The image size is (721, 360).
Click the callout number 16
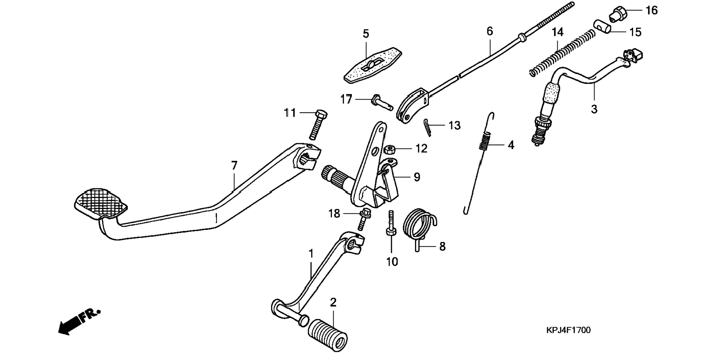pos(652,10)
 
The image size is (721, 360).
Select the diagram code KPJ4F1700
pos(568,330)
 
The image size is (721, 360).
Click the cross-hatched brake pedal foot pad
pos(101,203)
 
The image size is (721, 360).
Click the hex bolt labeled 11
pos(316,125)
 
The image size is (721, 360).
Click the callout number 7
pos(234,166)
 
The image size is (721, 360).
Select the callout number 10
pos(392,262)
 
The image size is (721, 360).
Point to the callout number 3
pos(594,109)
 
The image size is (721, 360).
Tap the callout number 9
pos(417,177)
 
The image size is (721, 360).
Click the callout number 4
pos(511,145)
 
